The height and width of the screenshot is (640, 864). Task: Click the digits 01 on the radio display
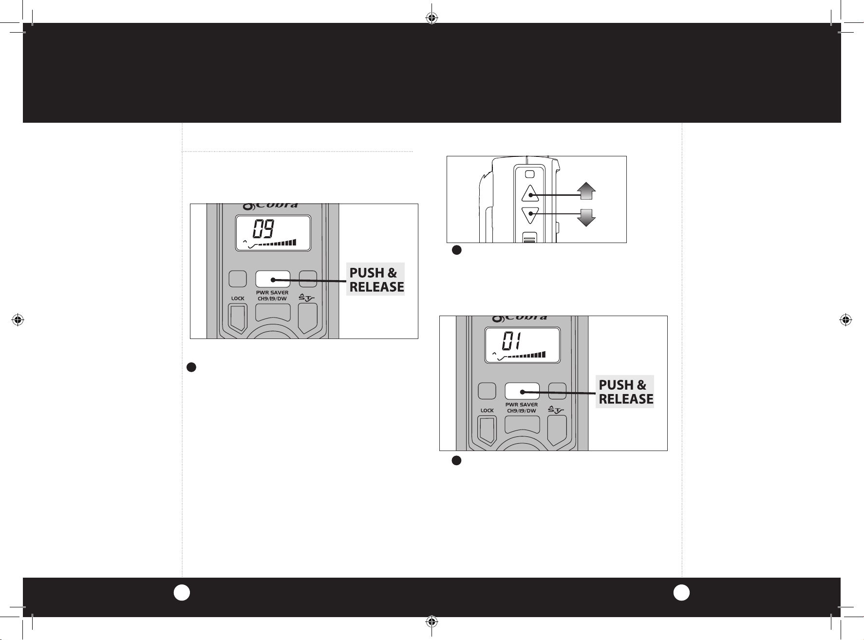513,341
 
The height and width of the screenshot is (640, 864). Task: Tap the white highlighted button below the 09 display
273,279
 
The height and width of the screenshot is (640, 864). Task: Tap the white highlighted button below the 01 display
522,391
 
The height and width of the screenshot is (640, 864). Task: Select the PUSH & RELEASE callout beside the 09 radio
376,280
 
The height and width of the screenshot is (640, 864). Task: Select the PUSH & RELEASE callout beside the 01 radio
625,392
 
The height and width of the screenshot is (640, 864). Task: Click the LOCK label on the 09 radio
238,298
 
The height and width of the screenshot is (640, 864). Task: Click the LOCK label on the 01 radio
487,410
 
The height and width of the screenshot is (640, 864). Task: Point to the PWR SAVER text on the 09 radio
272,293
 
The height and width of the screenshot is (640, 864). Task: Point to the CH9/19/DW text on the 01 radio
522,411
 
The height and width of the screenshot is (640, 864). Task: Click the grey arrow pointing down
586,217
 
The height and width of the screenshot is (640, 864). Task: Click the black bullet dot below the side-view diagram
456,250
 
